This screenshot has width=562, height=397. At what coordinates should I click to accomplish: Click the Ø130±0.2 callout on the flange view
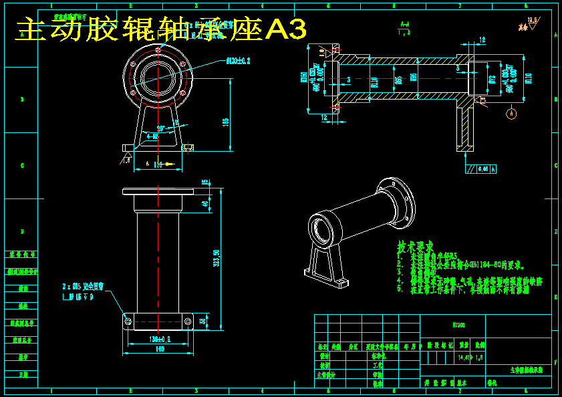(238, 61)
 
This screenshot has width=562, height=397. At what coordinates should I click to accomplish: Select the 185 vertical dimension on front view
(226, 122)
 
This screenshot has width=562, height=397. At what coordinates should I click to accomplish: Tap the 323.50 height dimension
(216, 257)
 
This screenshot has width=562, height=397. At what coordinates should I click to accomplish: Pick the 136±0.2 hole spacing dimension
(158, 340)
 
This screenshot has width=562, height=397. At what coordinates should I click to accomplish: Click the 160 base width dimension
(160, 348)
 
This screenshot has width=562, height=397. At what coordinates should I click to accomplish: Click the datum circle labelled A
(512, 114)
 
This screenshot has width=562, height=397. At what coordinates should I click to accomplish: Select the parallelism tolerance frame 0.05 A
(482, 169)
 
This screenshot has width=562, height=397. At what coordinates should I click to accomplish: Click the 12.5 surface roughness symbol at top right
(532, 22)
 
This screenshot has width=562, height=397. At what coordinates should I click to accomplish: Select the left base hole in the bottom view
(128, 321)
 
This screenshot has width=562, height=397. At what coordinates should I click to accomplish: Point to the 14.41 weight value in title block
(464, 358)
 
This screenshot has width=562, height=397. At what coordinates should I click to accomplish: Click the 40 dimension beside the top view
(205, 204)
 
